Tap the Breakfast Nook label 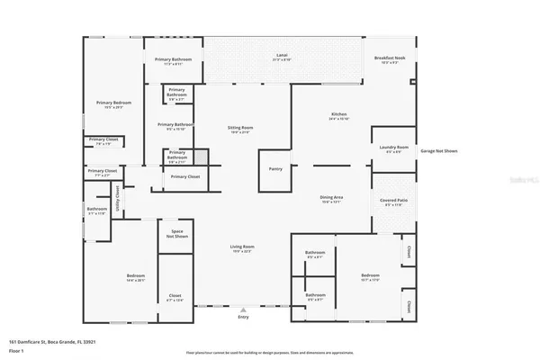tap(390, 60)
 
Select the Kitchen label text tap(338, 116)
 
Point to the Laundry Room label tap(393, 148)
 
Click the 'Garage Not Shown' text tap(438, 151)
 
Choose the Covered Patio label tap(393, 202)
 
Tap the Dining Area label tap(332, 198)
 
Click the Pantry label tap(275, 168)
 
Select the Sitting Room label tap(239, 130)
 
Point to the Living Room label tap(242, 247)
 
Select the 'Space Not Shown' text tap(177, 234)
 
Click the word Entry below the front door tap(243, 318)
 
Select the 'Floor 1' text tap(17, 352)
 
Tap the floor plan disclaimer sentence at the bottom tap(269, 352)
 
